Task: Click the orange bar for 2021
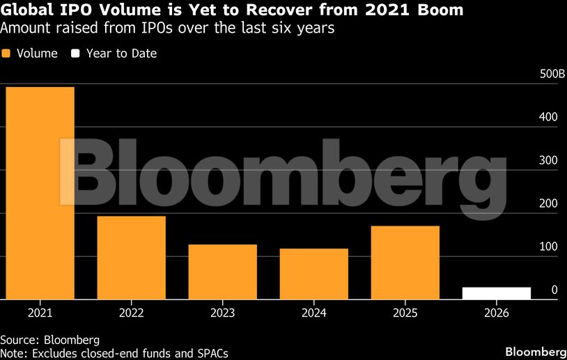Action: [40, 193]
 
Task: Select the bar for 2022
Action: [131, 258]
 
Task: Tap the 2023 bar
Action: [223, 272]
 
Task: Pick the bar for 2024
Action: [314, 274]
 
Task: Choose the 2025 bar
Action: [405, 263]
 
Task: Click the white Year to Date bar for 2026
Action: [497, 293]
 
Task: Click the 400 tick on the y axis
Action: [548, 118]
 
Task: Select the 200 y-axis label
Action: [548, 204]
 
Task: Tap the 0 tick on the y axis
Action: [554, 290]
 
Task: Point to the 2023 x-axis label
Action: [223, 313]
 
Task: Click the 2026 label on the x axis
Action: [497, 313]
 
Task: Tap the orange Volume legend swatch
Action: [7, 54]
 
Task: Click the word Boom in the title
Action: [439, 10]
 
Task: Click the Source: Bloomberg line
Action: [49, 341]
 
